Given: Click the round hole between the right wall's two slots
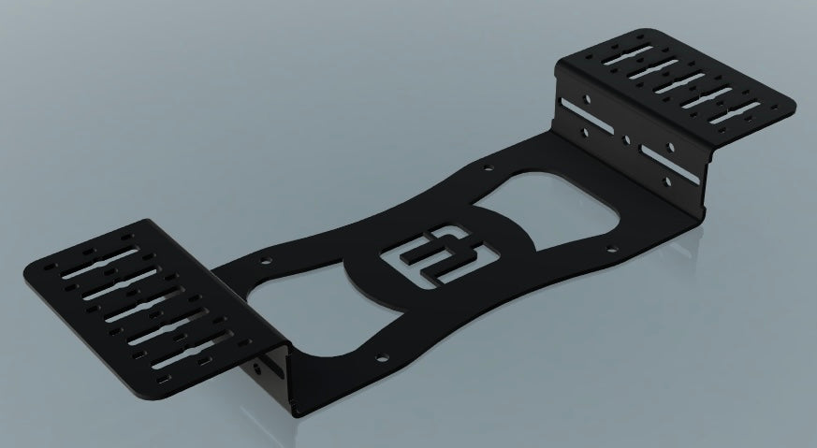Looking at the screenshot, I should click(x=627, y=140).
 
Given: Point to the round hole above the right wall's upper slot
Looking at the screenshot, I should click(x=585, y=96).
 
